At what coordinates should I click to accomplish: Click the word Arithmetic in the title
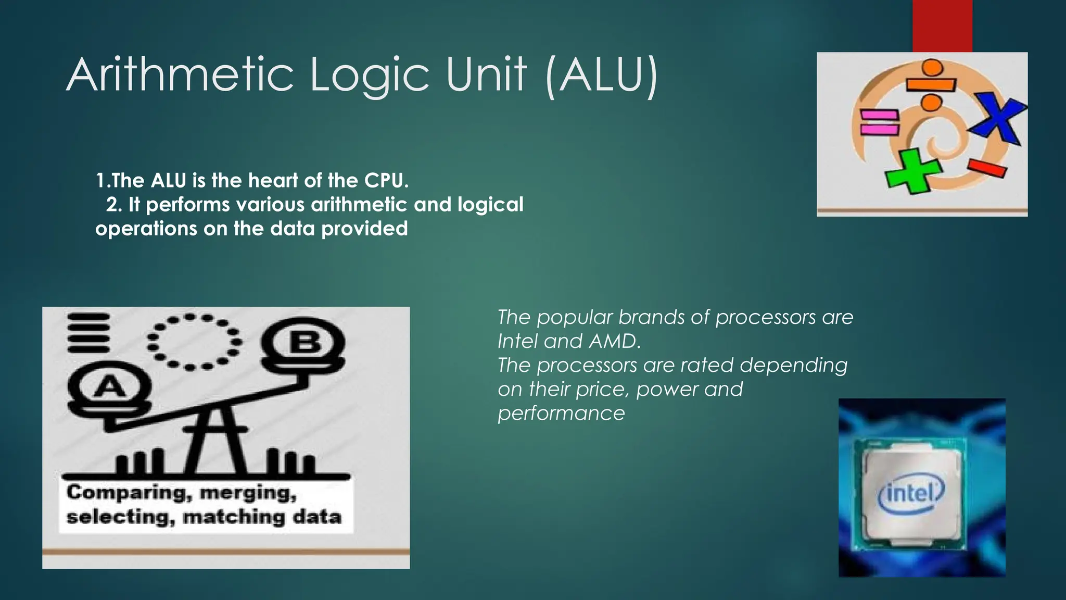[180, 76]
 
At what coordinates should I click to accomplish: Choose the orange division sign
[931, 85]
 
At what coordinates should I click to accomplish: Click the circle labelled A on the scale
[110, 387]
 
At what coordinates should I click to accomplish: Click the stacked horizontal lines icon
[88, 333]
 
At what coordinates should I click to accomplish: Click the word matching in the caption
[233, 517]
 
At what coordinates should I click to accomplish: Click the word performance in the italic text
[561, 413]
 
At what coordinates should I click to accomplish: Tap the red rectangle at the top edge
[942, 26]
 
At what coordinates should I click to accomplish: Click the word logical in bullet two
[490, 204]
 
